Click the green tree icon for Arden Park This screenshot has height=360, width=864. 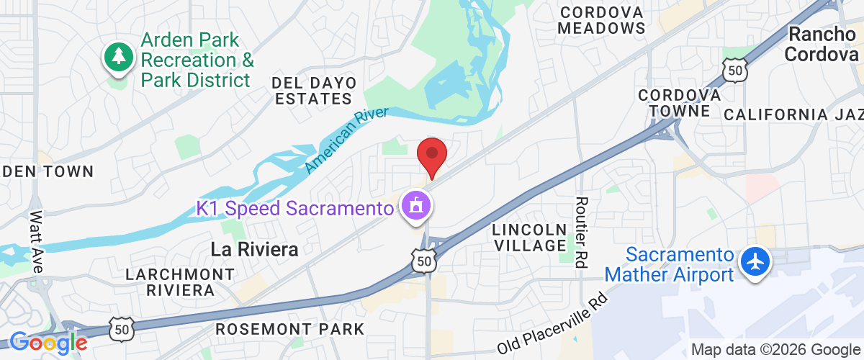coord(119,58)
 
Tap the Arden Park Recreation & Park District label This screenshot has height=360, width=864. coord(197,60)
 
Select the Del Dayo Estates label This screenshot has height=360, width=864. coord(312,90)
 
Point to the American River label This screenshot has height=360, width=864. coord(346,140)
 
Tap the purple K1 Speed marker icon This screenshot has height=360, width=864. coord(416,206)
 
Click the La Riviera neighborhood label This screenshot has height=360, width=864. coord(254,249)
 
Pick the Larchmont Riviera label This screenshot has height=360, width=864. coord(180,282)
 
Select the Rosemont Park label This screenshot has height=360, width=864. coord(290,329)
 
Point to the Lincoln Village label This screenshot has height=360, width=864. coord(529,238)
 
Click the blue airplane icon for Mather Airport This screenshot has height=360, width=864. coord(755,261)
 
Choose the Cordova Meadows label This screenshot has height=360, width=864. coord(601,20)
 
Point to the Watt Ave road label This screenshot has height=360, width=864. coord(37,241)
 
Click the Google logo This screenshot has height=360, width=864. coord(48,343)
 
